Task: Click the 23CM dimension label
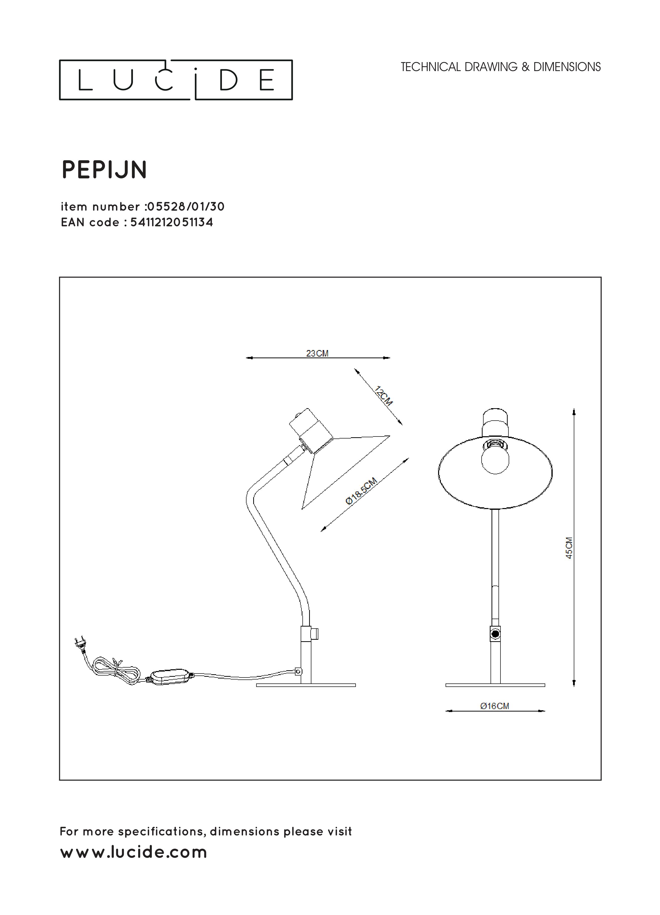click(x=317, y=354)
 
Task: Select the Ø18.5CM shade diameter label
click(x=362, y=491)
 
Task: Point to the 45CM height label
click(x=569, y=548)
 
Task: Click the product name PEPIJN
click(x=104, y=170)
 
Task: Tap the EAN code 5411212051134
click(x=171, y=222)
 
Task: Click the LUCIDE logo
click(x=176, y=80)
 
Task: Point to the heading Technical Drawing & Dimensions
click(x=501, y=67)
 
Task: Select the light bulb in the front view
click(x=495, y=458)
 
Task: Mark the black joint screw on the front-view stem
click(x=495, y=634)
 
